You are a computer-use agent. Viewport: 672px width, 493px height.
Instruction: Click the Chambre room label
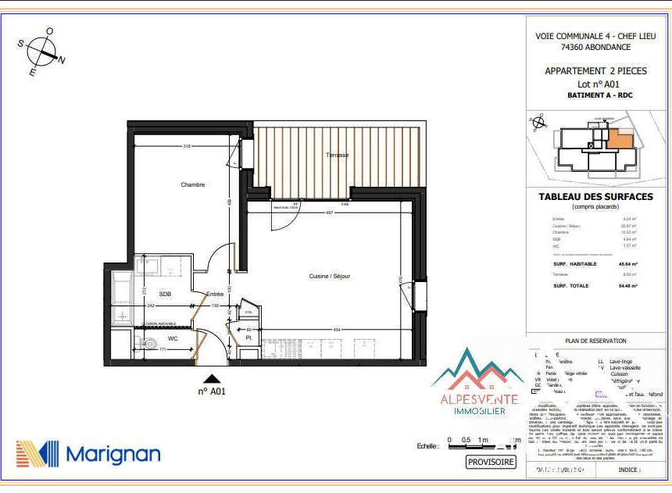click(192, 185)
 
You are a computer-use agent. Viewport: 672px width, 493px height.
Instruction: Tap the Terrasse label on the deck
click(338, 155)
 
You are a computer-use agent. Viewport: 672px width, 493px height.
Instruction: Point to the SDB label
click(165, 294)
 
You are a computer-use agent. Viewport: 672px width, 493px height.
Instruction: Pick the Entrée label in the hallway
click(215, 294)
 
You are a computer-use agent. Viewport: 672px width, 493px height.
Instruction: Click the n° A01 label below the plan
click(212, 391)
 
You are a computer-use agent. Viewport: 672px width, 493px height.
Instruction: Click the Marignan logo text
click(113, 454)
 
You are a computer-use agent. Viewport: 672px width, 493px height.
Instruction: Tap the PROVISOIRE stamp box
click(491, 462)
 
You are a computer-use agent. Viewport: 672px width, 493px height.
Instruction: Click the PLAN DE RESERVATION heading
click(595, 341)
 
